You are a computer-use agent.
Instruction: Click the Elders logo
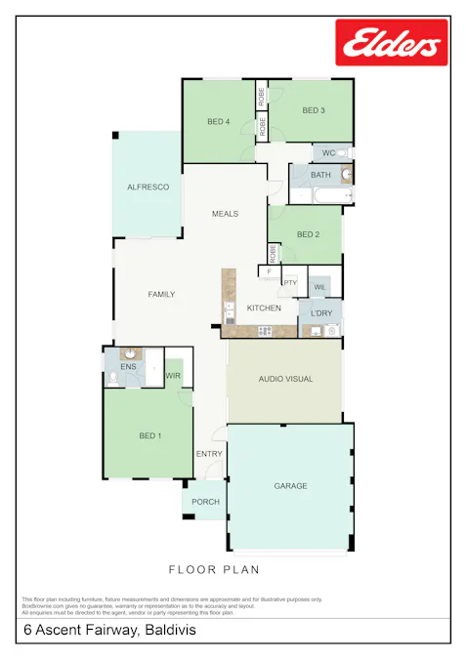[392, 43]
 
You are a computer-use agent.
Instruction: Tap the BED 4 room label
[218, 122]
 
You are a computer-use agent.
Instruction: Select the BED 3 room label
[313, 110]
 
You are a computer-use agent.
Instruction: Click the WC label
[328, 153]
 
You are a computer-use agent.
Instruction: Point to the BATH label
[320, 175]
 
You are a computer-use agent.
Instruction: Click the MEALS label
[226, 214]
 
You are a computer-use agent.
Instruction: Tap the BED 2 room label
[308, 234]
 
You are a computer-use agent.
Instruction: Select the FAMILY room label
[161, 294]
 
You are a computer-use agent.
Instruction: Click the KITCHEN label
[264, 309]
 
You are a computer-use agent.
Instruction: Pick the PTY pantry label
[290, 282]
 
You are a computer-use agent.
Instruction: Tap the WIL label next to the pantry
[319, 287]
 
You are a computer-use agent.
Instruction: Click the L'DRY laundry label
[320, 312]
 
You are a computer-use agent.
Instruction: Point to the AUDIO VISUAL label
[285, 379]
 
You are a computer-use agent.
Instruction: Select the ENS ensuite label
[128, 367]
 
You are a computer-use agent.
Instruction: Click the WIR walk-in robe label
[173, 375]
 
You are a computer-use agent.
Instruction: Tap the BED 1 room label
[150, 435]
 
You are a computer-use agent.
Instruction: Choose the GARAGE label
[290, 485]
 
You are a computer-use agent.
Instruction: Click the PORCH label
[205, 502]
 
